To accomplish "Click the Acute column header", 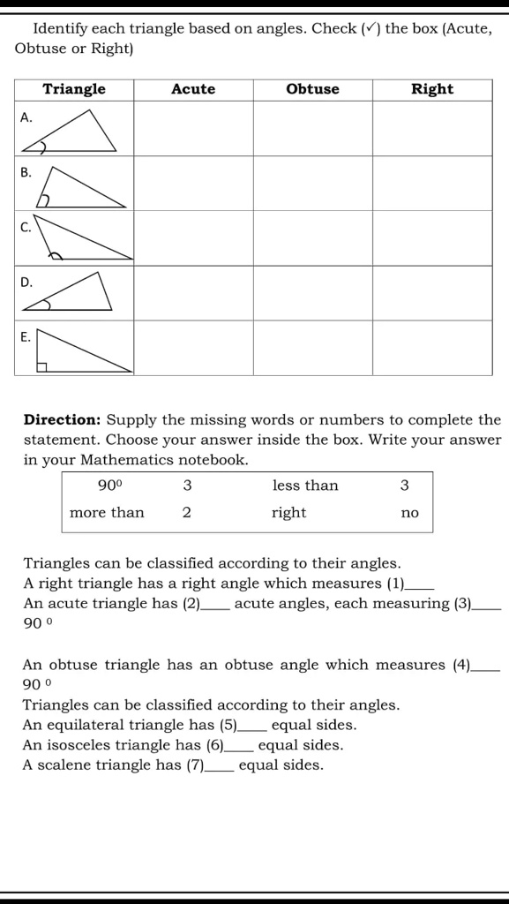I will click(x=193, y=89).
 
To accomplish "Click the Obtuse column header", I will click(x=312, y=89).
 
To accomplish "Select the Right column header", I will click(x=431, y=89).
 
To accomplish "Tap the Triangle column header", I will click(x=74, y=89).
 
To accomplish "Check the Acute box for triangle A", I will click(x=193, y=128).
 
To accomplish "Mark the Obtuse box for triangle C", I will click(x=312, y=237).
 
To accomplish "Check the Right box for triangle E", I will click(x=431, y=347).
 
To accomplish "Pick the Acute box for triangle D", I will click(x=193, y=292).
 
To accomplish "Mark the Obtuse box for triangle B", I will click(x=312, y=183).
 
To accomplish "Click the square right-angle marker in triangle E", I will click(x=41, y=366).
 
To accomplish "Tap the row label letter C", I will click(x=26, y=228).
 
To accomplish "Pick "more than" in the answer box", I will click(x=107, y=513).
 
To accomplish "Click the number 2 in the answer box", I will click(x=187, y=513).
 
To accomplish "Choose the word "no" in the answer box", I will click(x=409, y=513).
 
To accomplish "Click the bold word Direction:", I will click(x=63, y=420).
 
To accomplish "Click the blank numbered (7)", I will click(x=220, y=766).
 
